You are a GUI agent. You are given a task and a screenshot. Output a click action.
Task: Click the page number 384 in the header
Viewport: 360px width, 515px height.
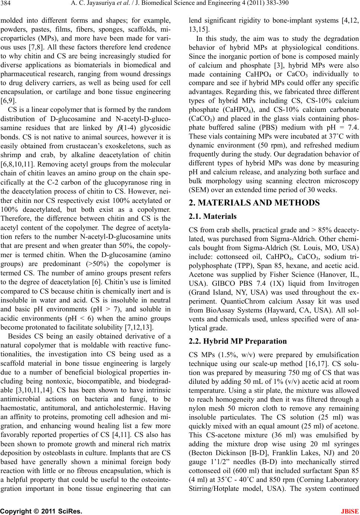click(x=7, y=4)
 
